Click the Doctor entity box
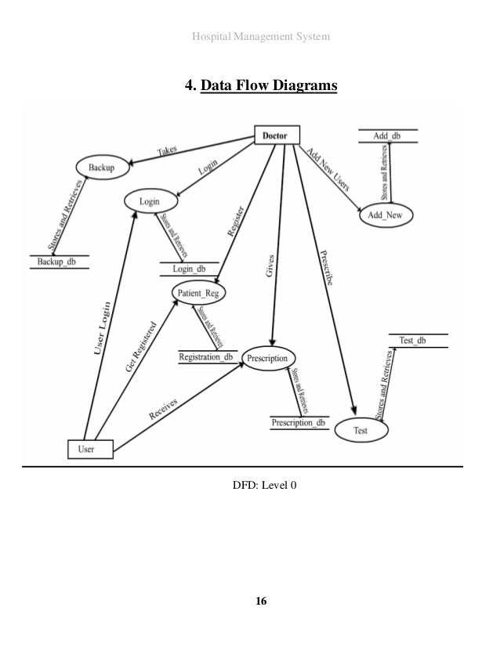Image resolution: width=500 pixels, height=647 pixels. pyautogui.click(x=275, y=136)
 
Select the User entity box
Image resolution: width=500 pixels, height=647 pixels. pyautogui.click(x=90, y=449)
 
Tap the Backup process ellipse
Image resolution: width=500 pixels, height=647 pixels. pyautogui.click(x=101, y=168)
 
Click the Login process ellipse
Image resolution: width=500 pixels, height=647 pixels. pyautogui.click(x=149, y=201)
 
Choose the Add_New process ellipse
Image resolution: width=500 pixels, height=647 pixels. pyautogui.click(x=386, y=216)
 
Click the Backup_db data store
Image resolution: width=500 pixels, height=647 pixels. pyautogui.click(x=59, y=262)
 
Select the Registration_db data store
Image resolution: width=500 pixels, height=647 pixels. pyautogui.click(x=206, y=357)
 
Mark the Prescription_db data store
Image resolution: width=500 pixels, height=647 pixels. pyautogui.click(x=298, y=423)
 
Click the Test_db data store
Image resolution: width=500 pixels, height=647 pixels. pyautogui.click(x=417, y=341)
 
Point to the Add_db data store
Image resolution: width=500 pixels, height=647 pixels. pyautogui.click(x=387, y=136)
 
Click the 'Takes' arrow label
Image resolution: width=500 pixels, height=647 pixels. pyautogui.click(x=167, y=150)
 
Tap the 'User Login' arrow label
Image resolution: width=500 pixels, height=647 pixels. pyautogui.click(x=103, y=332)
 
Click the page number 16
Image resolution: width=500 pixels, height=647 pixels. pyautogui.click(x=260, y=602)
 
